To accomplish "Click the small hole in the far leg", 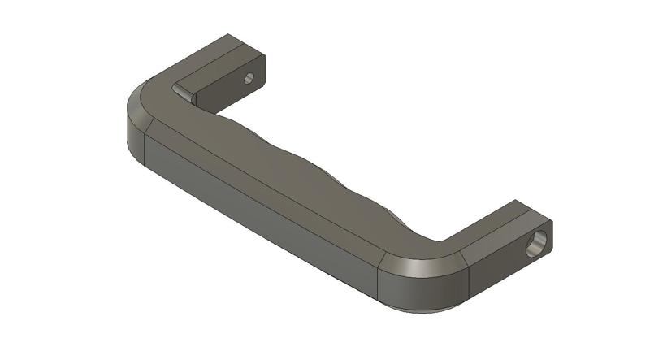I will click(x=249, y=78).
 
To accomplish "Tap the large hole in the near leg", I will click(x=536, y=242).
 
